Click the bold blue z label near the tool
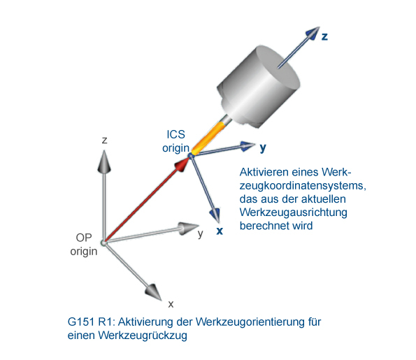point(324,36)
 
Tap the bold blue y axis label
point(263,147)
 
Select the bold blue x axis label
point(220,231)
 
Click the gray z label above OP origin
point(105,140)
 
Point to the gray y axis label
point(200,234)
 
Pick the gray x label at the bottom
point(171,304)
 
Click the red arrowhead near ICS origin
point(182,164)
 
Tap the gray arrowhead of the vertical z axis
point(104,162)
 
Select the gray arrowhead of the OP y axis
point(188,228)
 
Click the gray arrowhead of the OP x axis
point(153,292)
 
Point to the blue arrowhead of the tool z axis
point(313,33)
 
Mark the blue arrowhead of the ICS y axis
point(248,146)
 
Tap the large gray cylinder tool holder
point(259,87)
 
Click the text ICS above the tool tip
point(176,134)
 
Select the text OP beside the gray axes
point(84,238)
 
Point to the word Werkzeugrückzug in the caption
point(143,336)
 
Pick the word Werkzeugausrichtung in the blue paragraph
point(294,213)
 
